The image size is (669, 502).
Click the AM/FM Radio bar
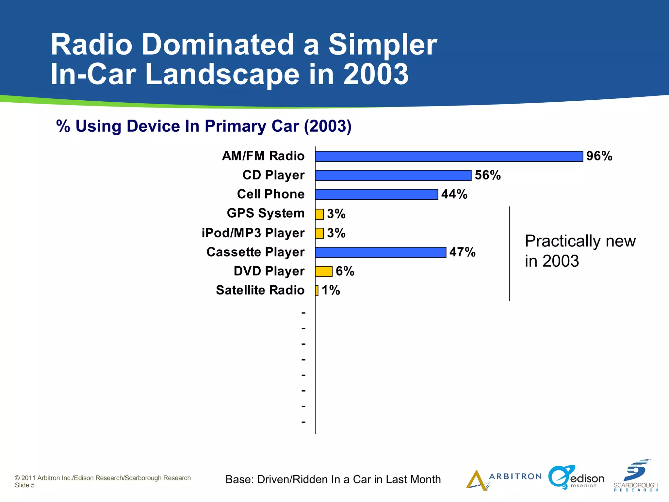(x=449, y=156)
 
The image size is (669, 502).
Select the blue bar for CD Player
(x=393, y=176)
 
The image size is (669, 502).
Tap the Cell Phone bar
(x=376, y=194)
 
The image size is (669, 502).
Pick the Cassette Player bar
(x=381, y=252)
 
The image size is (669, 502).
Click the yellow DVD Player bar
(x=323, y=271)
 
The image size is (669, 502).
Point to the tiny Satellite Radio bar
(x=317, y=291)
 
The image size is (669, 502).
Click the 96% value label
(x=599, y=156)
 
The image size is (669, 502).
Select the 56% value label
(x=488, y=175)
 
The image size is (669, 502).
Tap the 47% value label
(x=462, y=252)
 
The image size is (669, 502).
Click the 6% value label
(x=345, y=271)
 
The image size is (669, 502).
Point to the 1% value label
(x=331, y=290)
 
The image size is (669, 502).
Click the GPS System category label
(x=266, y=213)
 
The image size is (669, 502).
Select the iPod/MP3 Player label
(x=253, y=233)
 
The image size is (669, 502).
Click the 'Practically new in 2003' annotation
(x=580, y=251)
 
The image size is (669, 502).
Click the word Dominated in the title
(x=218, y=45)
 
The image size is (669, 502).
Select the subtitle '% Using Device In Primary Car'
(x=204, y=126)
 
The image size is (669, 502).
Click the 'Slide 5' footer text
(x=24, y=485)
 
